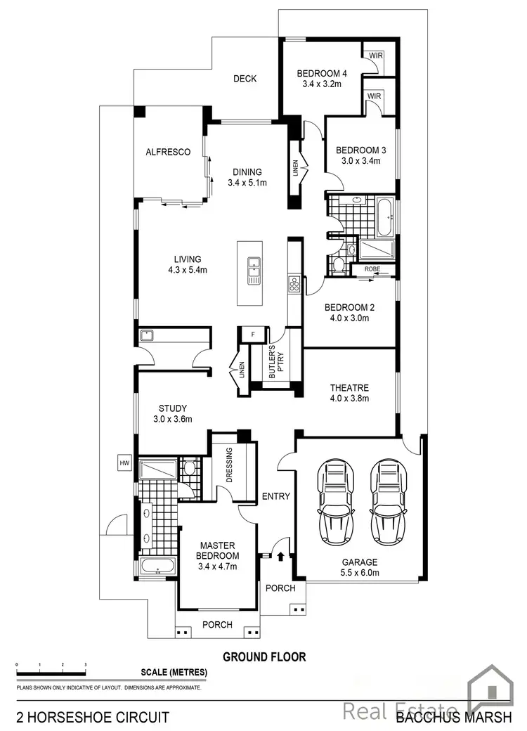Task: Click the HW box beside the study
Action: [x=125, y=463]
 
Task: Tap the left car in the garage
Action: [x=339, y=502]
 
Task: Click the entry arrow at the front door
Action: [x=281, y=556]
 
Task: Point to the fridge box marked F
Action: [x=252, y=335]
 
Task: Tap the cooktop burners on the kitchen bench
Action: [x=294, y=284]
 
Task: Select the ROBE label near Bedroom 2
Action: [x=371, y=269]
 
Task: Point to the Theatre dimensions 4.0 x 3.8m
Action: [x=349, y=399]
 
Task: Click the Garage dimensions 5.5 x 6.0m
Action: [x=360, y=573]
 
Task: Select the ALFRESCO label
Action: [x=168, y=152]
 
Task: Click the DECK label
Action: [x=245, y=79]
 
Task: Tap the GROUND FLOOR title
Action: [x=264, y=657]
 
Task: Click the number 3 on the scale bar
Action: [x=85, y=664]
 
